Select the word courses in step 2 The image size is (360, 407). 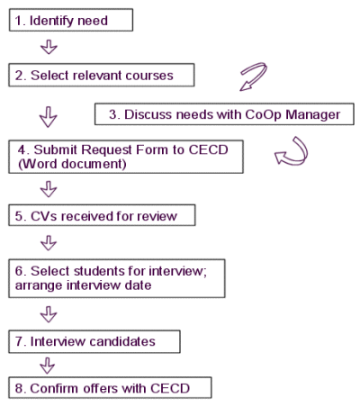pyautogui.click(x=149, y=76)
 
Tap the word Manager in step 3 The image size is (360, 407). pyautogui.click(x=312, y=114)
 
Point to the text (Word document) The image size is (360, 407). pyautogui.click(x=72, y=164)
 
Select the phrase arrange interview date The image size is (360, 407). pyautogui.click(x=83, y=285)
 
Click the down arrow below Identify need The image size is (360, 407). pyautogui.click(x=49, y=47)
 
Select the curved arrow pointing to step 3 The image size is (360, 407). pyautogui.click(x=254, y=77)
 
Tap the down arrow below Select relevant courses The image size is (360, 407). pyautogui.click(x=49, y=117)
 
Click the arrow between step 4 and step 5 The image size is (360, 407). pyautogui.click(x=49, y=189)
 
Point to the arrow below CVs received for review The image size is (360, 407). pyautogui.click(x=49, y=243)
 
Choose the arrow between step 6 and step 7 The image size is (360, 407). pyautogui.click(x=49, y=314)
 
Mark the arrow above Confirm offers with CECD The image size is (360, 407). pyautogui.click(x=48, y=366)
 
